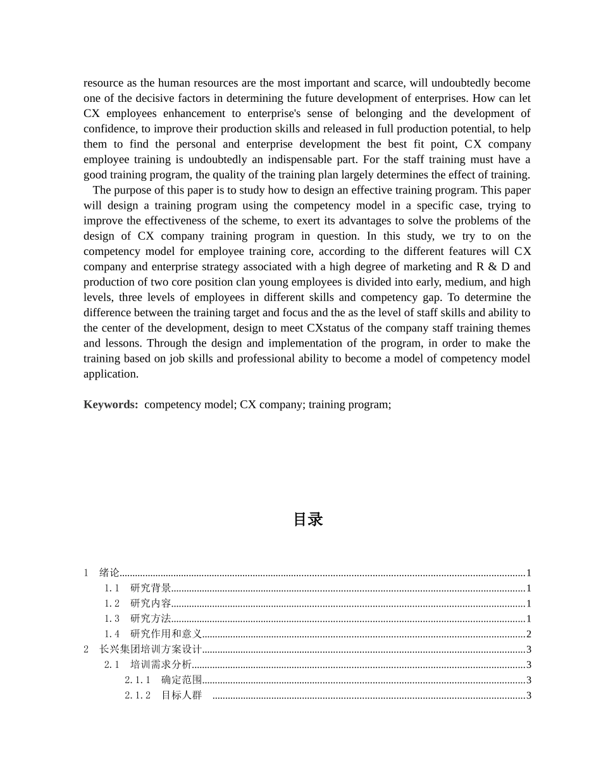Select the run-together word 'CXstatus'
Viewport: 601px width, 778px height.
324,328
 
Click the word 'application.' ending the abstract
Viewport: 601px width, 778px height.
111,374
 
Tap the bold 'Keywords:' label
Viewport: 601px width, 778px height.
111,404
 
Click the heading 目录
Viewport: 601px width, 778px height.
308,519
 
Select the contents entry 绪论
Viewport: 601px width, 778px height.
109,572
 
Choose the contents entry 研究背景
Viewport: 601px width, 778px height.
151,588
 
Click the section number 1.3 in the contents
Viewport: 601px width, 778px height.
112,619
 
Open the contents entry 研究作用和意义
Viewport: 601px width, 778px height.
166,634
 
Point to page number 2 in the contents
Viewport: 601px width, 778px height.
528,634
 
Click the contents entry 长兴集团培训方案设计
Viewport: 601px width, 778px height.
151,649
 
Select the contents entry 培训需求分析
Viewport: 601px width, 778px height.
161,664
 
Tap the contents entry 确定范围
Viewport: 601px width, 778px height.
182,680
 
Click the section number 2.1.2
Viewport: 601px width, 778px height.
137,695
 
